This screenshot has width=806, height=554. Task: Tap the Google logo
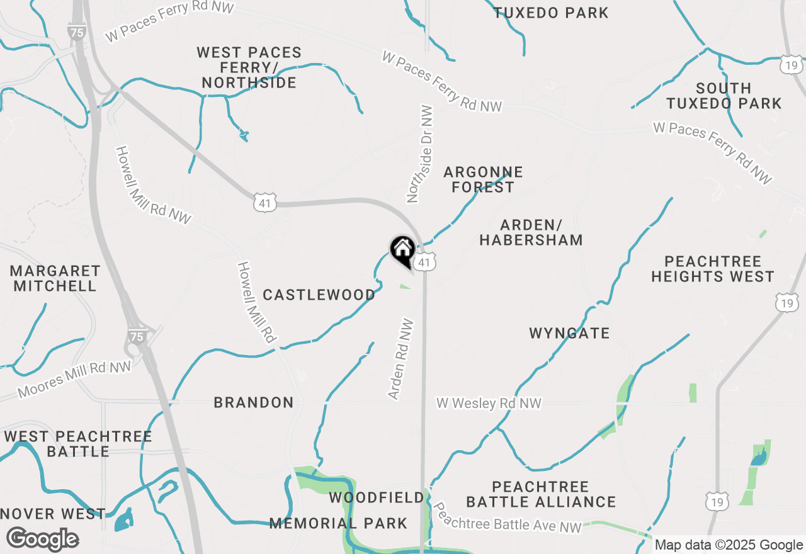pos(42,540)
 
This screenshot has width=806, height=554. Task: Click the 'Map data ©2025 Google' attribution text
pos(729,545)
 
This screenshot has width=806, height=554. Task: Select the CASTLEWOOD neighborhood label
pos(319,295)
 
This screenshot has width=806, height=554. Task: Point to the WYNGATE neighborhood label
pos(569,333)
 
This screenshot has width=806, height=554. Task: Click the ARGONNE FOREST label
pos(483,179)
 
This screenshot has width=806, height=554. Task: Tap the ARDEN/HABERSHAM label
pos(531,232)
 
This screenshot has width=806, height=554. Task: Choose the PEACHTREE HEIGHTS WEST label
pos(712,269)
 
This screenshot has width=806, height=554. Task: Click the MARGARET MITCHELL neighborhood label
pos(55,278)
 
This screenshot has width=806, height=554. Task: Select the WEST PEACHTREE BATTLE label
pos(78,444)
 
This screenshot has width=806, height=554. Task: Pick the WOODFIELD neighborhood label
pos(377,498)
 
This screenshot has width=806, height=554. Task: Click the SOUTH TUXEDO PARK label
pos(724,96)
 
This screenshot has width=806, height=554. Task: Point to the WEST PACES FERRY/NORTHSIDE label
pos(249,67)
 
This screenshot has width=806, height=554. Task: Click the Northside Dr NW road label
pos(421,154)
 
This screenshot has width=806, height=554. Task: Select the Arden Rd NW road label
pos(401,359)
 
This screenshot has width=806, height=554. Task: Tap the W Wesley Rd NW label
pos(489,403)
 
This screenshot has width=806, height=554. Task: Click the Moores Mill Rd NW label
pos(74,380)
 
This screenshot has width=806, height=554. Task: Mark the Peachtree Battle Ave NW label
pos(507,517)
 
